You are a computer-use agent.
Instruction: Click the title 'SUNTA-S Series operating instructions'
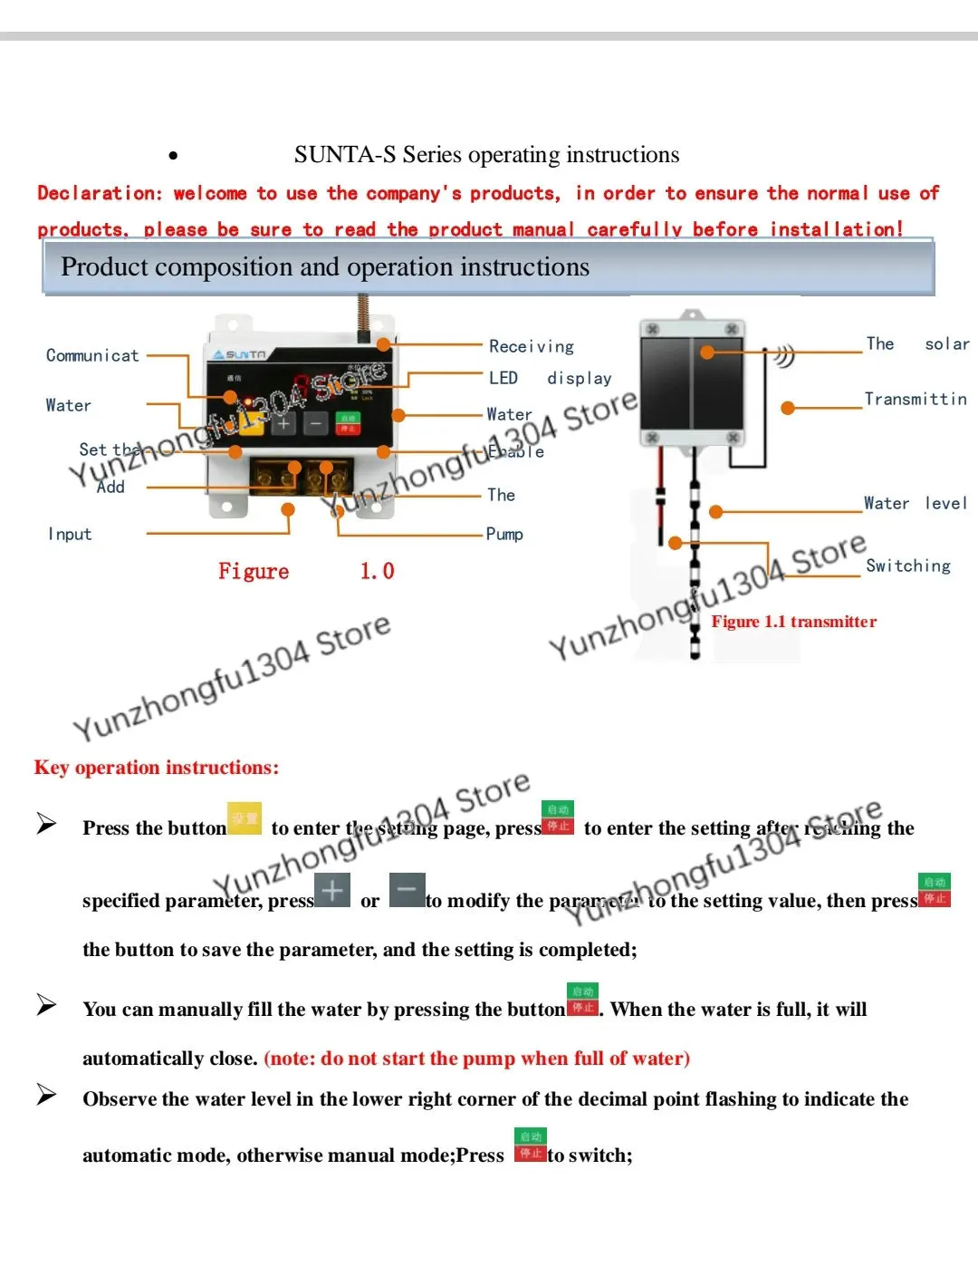click(x=486, y=155)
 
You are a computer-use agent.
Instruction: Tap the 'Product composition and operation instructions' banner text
click(x=325, y=267)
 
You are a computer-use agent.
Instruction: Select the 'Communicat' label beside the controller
click(x=92, y=355)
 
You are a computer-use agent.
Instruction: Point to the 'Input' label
click(x=70, y=535)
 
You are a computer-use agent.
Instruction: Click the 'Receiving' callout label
click(x=532, y=346)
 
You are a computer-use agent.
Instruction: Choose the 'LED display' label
click(x=550, y=378)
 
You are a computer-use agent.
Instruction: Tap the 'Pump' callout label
click(x=504, y=534)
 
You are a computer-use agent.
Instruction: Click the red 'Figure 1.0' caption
click(x=305, y=571)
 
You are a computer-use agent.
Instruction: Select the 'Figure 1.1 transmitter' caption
click(x=793, y=622)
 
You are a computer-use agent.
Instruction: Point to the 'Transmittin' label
click(x=915, y=399)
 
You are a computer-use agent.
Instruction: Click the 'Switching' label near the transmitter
click(x=907, y=565)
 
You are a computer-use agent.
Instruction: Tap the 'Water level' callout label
click(x=915, y=503)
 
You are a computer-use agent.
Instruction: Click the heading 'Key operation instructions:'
click(x=157, y=768)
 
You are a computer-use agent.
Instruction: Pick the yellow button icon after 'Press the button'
click(x=244, y=818)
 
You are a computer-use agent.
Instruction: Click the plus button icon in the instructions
click(x=332, y=890)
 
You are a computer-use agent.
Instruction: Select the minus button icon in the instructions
click(x=407, y=890)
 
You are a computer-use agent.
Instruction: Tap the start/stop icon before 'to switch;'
click(x=530, y=1145)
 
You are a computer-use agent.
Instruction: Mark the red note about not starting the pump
click(x=476, y=1058)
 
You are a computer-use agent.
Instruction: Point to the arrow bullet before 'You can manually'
click(x=46, y=1005)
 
